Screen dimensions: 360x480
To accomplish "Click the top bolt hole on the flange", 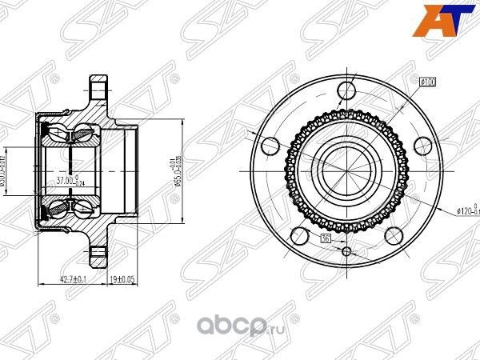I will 346,88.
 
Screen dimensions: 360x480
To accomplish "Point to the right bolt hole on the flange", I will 421,145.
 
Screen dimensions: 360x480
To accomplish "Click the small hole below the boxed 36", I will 346,251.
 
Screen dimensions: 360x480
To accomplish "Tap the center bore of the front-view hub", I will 346,165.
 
